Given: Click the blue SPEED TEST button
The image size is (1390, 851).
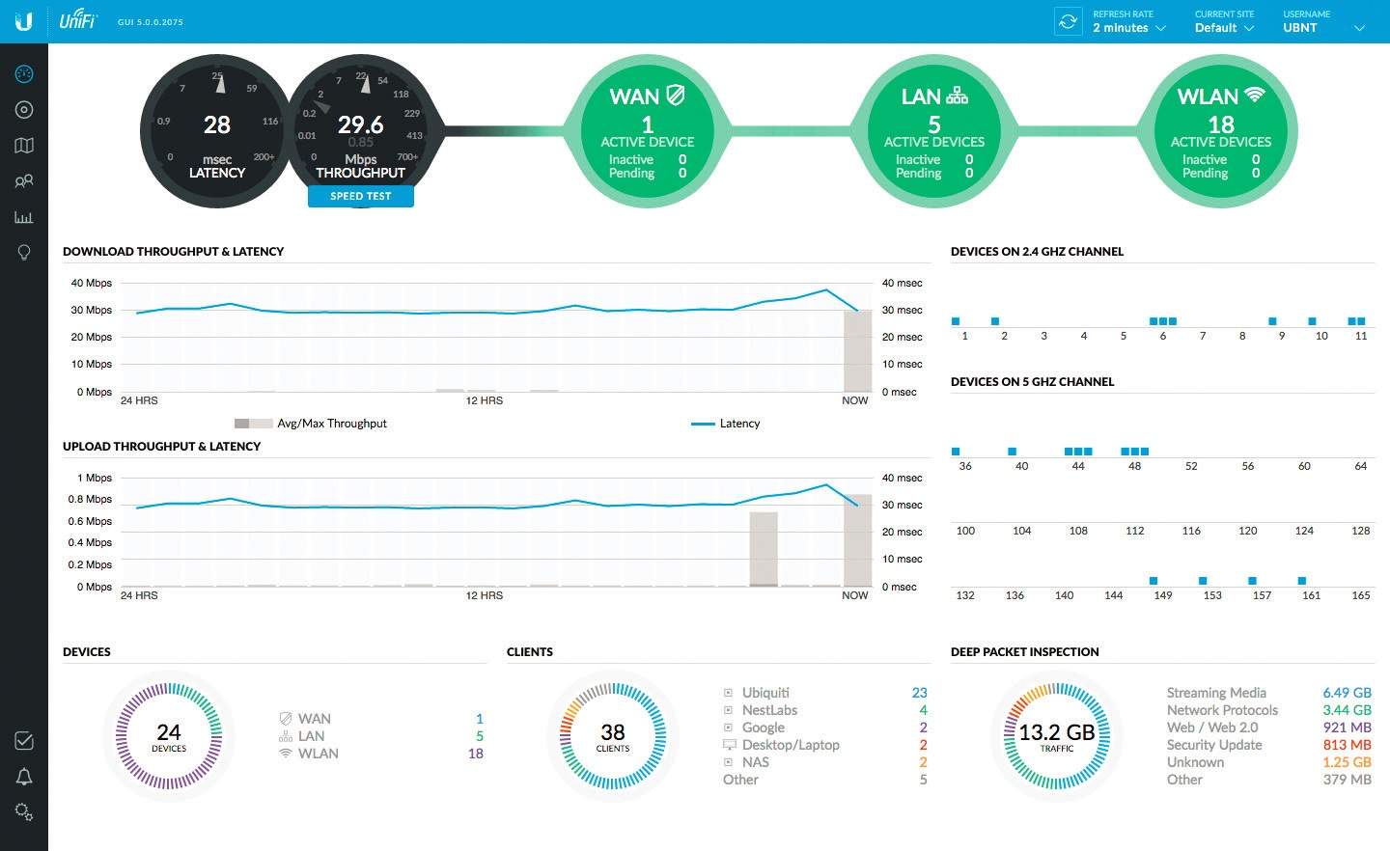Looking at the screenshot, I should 361,196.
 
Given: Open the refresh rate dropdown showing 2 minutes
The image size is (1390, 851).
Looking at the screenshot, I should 1128,28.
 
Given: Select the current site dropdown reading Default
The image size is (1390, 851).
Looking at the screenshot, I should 1223,28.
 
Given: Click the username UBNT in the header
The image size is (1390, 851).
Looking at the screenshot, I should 1300,28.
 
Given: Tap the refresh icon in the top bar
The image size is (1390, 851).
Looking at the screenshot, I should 1068,21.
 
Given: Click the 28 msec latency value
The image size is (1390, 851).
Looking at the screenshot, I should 217,124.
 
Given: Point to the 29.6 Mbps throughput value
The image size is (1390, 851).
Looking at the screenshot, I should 360,124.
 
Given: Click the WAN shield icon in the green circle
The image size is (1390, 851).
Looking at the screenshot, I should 676,96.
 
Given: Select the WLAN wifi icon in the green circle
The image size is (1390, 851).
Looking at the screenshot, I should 1254,95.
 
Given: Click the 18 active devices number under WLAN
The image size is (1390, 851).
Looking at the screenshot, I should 1221,124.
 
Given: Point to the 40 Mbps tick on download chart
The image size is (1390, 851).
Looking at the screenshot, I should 92,283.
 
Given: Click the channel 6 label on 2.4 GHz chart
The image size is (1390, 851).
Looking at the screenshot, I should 1162,336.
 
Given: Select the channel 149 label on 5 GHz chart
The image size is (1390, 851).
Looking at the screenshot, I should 1163,595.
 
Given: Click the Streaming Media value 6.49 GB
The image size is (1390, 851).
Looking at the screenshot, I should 1347,693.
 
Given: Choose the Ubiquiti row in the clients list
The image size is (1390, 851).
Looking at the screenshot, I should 765,693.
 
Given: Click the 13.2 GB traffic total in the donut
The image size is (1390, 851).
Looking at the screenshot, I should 1057,733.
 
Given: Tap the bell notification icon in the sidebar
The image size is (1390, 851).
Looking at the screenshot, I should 24,777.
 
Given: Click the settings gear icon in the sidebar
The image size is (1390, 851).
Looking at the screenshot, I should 24,812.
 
